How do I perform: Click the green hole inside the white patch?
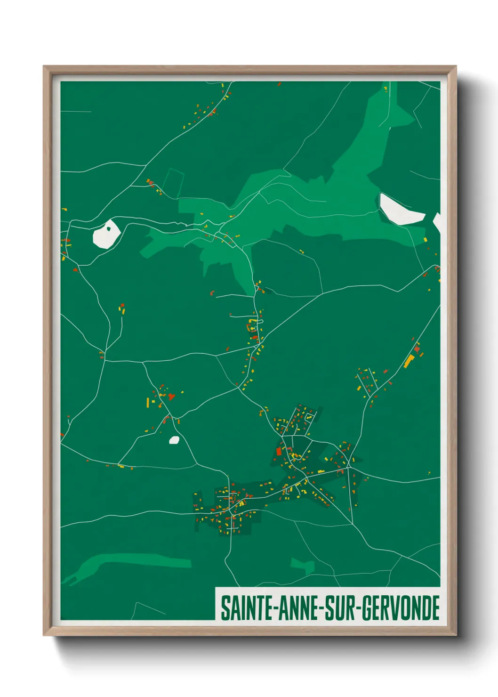coord(108,229)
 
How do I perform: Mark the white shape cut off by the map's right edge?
coord(437,222)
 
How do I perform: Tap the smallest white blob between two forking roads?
coord(174,440)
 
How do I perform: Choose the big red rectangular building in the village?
coord(279,452)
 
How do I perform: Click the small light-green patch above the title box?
coord(303,565)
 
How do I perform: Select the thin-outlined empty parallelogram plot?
coord(173,182)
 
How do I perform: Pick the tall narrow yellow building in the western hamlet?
coord(148,403)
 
